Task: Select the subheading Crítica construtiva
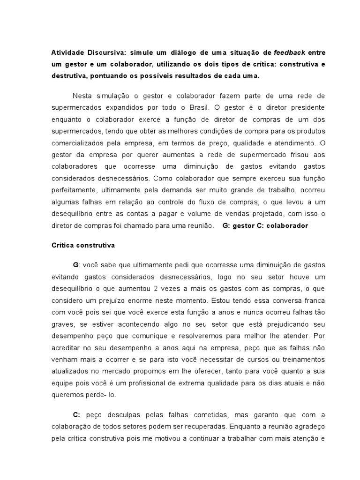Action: tap(83, 245)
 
